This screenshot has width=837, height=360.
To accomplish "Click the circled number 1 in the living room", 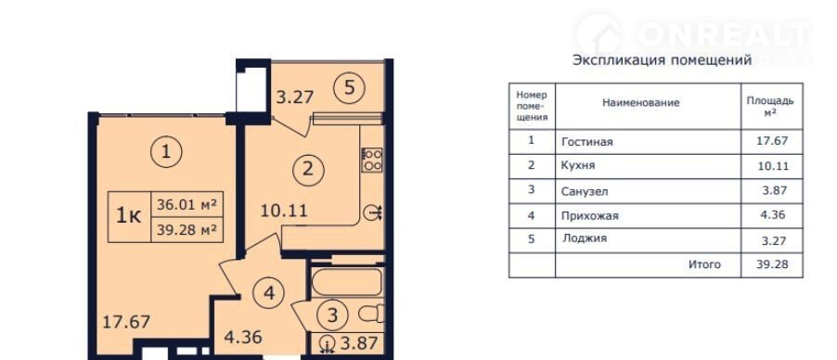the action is (x=166, y=152).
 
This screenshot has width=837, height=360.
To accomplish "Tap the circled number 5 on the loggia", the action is (x=349, y=87).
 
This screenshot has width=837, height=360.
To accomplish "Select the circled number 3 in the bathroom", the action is (x=332, y=315).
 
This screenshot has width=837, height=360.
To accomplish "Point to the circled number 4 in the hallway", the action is (x=269, y=293).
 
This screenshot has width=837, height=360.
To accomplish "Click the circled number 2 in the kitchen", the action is (x=308, y=170).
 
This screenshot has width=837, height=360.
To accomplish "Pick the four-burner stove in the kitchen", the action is (x=372, y=160).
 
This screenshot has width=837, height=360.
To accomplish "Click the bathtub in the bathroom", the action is (x=346, y=282).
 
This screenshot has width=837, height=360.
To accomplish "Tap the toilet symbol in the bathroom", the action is (x=371, y=313).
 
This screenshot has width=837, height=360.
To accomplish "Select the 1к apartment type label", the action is (x=129, y=216).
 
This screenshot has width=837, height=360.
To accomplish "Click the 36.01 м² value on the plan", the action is (x=187, y=204).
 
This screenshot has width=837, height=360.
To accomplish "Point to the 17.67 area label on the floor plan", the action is (x=127, y=322).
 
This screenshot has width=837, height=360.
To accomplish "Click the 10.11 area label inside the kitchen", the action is (x=284, y=211).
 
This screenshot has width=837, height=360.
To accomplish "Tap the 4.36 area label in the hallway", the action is (x=242, y=339).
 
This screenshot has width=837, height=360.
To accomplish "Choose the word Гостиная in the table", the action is (x=587, y=142).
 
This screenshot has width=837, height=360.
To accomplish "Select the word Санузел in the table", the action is (x=585, y=191).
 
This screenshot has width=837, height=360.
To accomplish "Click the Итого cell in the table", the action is (x=704, y=264).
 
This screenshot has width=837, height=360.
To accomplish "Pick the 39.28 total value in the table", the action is (x=773, y=264).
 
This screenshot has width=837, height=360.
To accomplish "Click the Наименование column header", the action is (x=641, y=103).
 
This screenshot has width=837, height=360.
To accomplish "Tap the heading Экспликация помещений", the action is (x=662, y=59).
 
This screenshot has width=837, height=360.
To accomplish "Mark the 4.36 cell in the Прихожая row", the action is (x=773, y=216).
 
